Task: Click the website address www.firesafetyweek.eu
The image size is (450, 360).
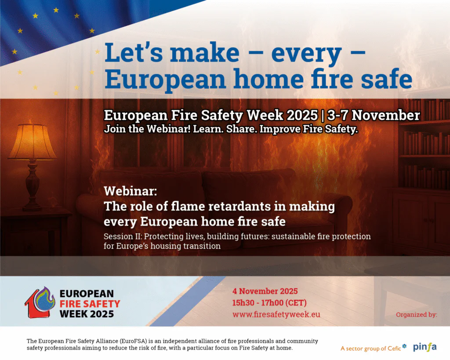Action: click(276, 314)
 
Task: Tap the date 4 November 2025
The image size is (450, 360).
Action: click(265, 291)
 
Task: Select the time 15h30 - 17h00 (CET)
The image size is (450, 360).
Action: click(269, 302)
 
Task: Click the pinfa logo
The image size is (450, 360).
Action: click(425, 347)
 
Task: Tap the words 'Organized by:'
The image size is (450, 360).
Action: click(416, 314)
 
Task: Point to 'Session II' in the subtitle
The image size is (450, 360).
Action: click(121, 236)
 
